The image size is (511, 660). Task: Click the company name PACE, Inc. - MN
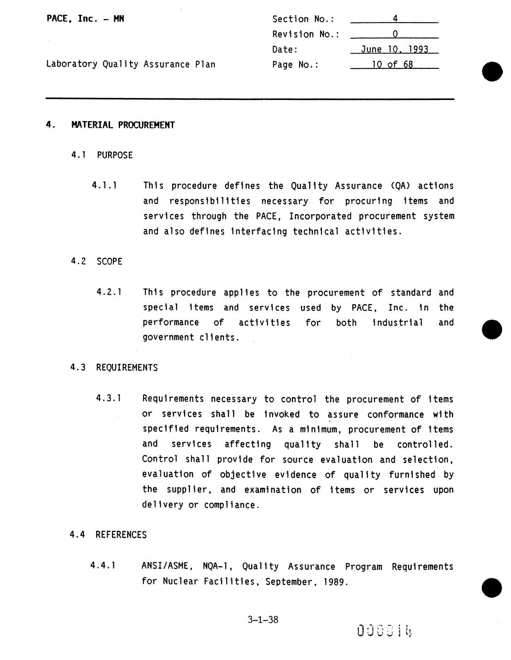point(85,19)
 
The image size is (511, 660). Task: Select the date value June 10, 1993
point(394,49)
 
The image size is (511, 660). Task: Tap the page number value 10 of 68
point(393,65)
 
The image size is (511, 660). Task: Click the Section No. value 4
point(395,19)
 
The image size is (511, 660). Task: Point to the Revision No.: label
point(306,34)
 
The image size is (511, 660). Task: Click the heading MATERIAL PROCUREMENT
point(123,125)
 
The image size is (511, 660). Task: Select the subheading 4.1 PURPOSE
point(102,155)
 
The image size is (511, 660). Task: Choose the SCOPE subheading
point(110,262)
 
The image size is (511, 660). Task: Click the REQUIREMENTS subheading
point(127,368)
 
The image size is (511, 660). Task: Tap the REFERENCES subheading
point(121,535)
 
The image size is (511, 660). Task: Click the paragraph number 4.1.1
point(104,186)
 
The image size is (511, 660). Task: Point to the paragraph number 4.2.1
point(109,292)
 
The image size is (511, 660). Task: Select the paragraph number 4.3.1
point(108,398)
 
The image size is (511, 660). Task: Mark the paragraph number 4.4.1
point(103,566)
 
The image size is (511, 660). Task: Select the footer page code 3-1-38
point(263,620)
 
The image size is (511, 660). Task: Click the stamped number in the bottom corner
point(384,631)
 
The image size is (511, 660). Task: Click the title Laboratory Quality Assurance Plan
point(131,65)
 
